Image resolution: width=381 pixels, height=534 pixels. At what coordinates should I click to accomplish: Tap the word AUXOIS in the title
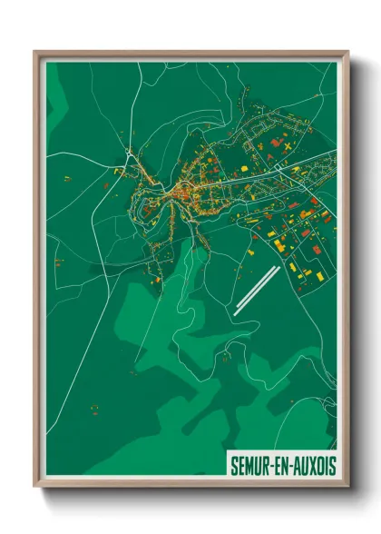click(311, 465)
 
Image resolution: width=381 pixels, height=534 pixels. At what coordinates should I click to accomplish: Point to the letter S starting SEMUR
click(234, 465)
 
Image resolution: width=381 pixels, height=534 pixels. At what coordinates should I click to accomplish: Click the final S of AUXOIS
click(330, 465)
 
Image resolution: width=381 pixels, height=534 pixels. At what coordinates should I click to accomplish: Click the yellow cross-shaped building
click(285, 145)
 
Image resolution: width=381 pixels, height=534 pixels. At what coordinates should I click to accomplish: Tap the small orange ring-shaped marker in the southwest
click(93, 409)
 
